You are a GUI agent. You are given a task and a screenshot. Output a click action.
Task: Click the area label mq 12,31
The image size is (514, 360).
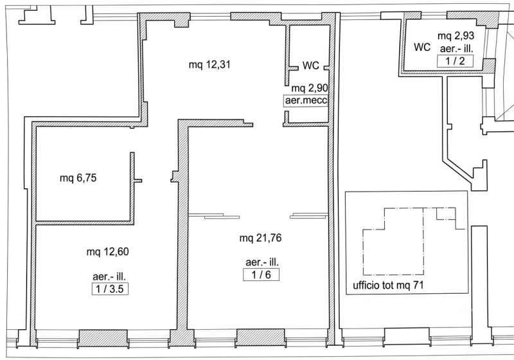[x=209, y=64]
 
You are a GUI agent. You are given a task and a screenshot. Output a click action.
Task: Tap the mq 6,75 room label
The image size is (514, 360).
[x=78, y=178]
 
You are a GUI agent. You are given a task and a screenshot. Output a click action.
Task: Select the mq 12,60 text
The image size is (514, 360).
[x=107, y=252]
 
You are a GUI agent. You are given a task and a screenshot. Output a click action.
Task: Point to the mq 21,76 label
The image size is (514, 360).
[x=260, y=238]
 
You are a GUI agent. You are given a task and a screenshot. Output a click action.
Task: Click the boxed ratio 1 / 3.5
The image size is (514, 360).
[x=110, y=289]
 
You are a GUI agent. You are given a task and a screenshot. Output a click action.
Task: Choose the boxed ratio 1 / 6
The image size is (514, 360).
[x=261, y=274]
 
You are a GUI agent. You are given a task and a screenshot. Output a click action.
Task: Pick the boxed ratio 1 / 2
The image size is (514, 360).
[x=455, y=61]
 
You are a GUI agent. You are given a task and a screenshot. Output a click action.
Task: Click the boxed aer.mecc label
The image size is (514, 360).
[x=306, y=100]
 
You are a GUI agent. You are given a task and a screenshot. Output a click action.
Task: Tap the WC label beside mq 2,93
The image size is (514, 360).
[x=422, y=47]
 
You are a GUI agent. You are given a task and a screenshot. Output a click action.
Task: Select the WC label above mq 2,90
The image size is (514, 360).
[x=310, y=65]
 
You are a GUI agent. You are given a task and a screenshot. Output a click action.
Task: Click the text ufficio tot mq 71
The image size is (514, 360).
[x=388, y=285]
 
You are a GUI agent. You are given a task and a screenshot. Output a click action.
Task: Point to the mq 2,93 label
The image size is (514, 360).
[x=456, y=35]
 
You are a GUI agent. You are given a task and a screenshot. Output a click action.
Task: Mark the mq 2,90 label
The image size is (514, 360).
[x=310, y=88]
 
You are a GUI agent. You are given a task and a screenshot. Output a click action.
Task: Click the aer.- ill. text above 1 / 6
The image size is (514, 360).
[x=262, y=262]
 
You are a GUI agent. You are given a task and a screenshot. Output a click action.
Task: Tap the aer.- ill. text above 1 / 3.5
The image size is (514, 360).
[x=109, y=276]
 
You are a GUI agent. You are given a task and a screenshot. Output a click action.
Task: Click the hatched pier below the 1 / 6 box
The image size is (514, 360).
[x=261, y=337]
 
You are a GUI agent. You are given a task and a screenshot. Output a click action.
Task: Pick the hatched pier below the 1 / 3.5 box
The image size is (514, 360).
[x=103, y=338]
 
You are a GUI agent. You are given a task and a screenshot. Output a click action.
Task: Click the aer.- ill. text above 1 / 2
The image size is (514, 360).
[x=457, y=49]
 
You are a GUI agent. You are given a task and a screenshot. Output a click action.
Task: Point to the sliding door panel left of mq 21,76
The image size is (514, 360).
[x=214, y=216]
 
